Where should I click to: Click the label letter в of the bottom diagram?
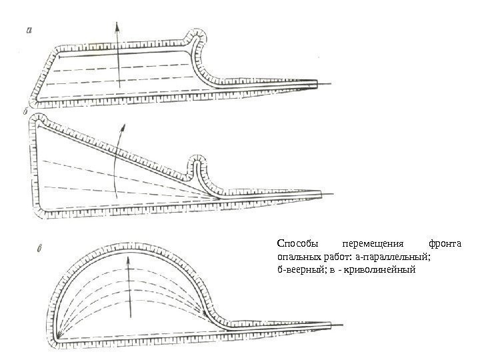[40, 251]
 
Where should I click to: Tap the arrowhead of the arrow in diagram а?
[118, 25]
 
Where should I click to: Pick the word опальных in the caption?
[298, 257]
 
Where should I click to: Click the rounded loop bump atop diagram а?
[197, 35]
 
